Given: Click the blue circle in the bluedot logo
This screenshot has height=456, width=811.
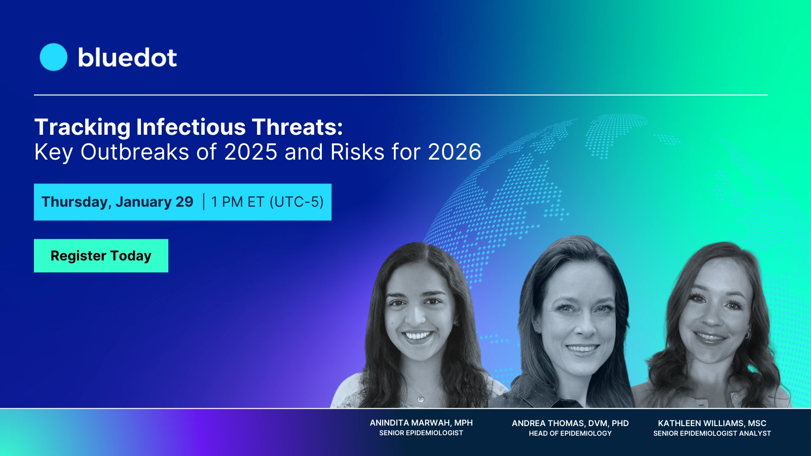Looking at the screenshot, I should click(53, 57).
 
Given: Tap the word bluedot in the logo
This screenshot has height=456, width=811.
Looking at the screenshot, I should click(127, 58).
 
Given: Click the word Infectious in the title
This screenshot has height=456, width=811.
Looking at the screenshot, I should click(191, 127).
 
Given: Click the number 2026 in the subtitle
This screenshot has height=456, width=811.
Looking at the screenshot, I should click(454, 152).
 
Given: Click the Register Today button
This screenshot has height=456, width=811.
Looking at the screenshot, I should click(101, 256).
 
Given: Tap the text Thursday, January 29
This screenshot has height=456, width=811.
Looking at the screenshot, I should click(117, 202).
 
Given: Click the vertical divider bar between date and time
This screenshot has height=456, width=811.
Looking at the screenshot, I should click(204, 202).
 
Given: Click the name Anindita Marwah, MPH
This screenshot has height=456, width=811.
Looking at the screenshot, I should click(421, 423).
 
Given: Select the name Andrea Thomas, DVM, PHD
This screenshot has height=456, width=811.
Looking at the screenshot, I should click(570, 423).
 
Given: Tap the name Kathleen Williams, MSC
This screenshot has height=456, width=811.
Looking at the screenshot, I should click(712, 423).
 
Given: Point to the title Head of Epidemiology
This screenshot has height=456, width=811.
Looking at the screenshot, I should click(570, 434).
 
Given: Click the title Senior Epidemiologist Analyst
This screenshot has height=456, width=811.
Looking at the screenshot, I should click(712, 434).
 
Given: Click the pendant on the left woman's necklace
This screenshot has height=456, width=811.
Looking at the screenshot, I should click(420, 399).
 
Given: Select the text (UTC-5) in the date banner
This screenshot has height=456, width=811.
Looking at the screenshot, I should click(297, 202).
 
